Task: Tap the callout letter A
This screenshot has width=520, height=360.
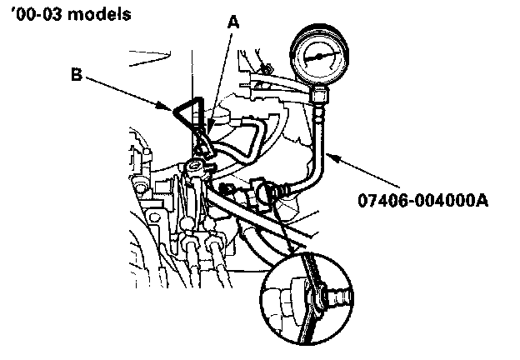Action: (x=233, y=24)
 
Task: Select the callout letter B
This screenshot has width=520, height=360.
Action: (x=76, y=74)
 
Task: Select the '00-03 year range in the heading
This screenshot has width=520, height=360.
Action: (x=30, y=15)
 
